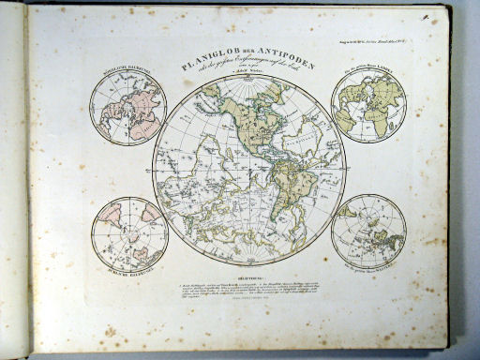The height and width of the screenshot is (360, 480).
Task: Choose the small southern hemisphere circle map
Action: click(128, 234)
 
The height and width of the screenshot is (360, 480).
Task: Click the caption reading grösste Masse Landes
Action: click(367, 71)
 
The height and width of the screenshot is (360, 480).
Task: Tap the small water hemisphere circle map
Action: click(368, 231)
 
